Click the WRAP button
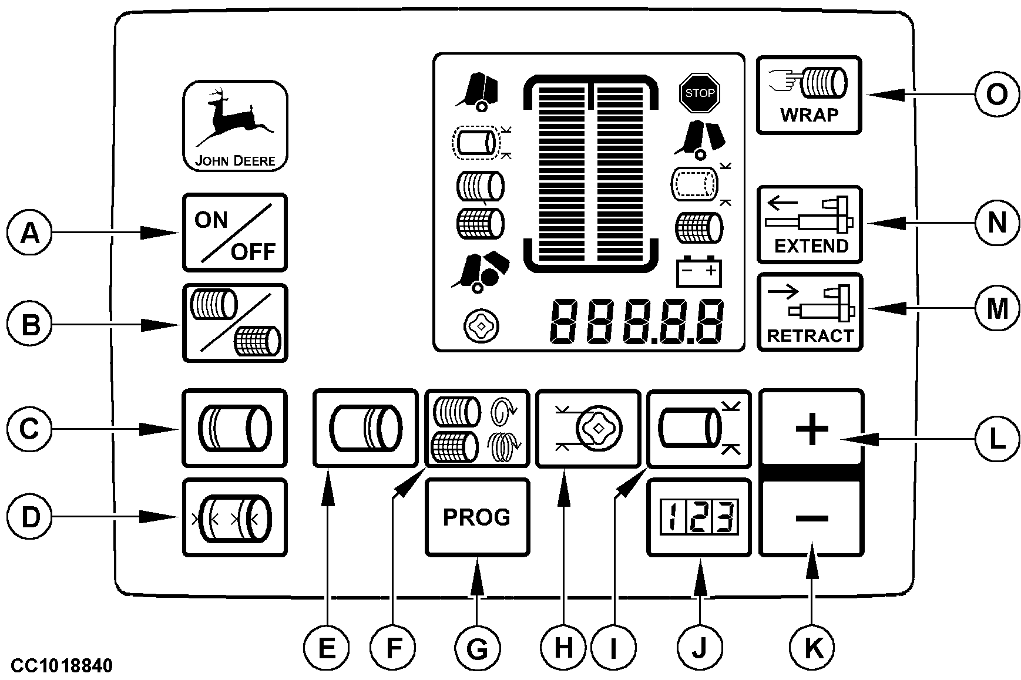click(x=809, y=95)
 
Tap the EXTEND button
click(x=809, y=224)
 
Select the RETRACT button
click(x=810, y=312)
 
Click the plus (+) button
click(x=811, y=429)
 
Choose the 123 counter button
click(x=698, y=517)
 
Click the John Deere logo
click(x=235, y=126)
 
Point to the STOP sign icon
click(x=700, y=93)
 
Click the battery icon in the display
click(x=699, y=272)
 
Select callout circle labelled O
click(x=996, y=94)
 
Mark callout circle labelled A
click(x=30, y=234)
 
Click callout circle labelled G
click(x=477, y=648)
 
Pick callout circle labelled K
click(x=812, y=648)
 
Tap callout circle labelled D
click(x=30, y=517)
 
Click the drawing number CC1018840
click(x=61, y=666)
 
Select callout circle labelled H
click(x=563, y=648)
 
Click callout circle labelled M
click(x=996, y=308)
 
